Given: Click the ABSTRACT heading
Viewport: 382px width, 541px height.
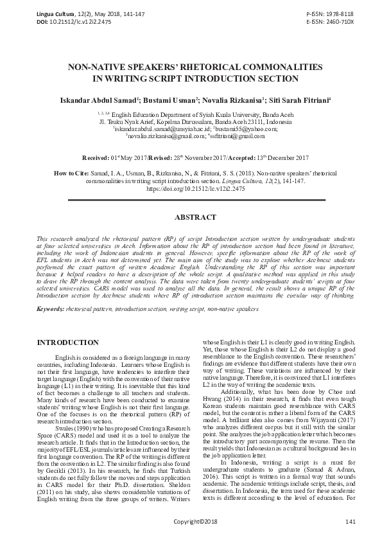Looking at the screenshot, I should click(191, 218).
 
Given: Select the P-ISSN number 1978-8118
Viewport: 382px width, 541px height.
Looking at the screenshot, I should click(338, 13).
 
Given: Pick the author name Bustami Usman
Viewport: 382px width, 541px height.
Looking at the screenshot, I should click(168, 100).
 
